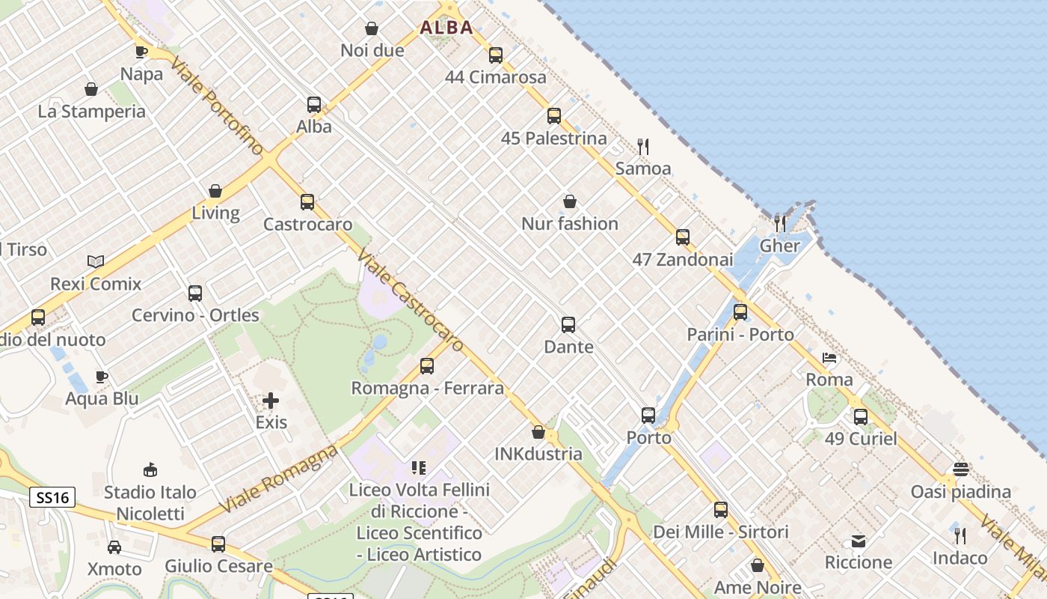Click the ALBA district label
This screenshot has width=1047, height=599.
446,28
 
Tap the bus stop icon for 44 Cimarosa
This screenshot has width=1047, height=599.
495,55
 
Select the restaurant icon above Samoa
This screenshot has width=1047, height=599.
642,146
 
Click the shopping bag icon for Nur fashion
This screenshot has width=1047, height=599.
570,201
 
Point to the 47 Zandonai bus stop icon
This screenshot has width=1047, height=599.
683,237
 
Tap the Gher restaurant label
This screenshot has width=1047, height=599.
780,246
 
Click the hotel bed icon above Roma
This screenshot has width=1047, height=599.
829,358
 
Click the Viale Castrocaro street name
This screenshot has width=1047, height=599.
411,300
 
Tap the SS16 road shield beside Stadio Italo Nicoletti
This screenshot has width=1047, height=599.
52,497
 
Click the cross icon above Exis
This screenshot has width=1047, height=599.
271,401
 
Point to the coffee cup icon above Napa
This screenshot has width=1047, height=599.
141,52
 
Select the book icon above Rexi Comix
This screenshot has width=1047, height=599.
95,261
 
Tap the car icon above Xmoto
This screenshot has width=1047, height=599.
114,547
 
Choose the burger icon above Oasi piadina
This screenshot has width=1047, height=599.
961,469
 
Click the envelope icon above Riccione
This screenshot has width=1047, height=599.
859,541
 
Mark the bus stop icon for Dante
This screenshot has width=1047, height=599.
568,324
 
